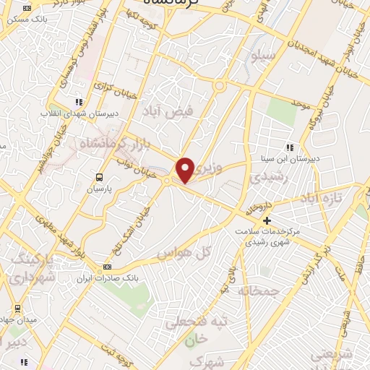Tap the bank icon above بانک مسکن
point(27,8)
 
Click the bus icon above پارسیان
point(99,176)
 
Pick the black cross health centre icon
point(267,220)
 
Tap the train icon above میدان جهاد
point(17,308)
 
